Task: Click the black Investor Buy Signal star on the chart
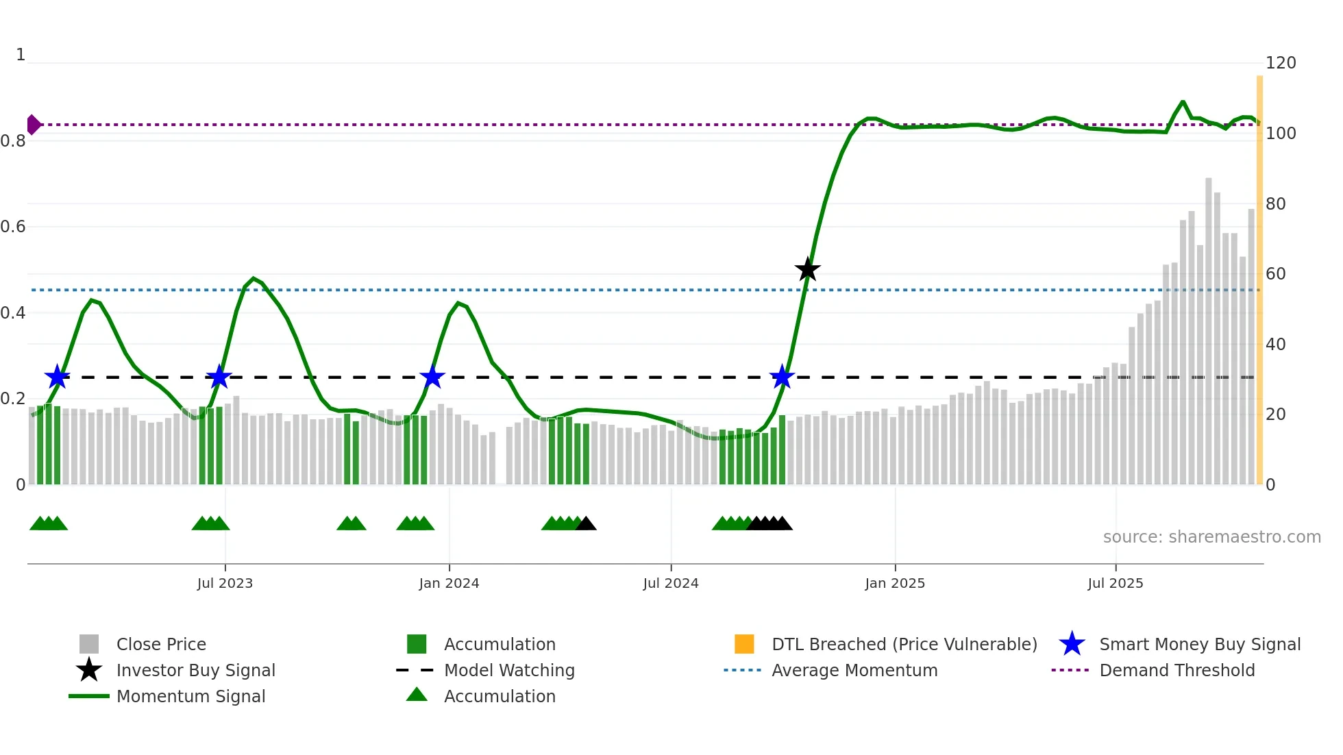807,269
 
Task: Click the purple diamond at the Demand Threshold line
33,125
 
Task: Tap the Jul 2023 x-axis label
225,583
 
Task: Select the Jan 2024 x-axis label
449,583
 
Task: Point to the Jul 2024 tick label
671,583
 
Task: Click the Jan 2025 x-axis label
895,583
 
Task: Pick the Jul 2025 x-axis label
1116,583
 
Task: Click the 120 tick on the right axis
1281,63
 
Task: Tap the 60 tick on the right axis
1276,274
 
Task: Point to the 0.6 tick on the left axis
13,227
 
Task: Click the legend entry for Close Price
161,644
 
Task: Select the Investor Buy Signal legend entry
195,670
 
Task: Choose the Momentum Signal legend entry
190,696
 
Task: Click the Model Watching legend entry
509,670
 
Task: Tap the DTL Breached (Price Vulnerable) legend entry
904,644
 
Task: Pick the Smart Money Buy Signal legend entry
1200,644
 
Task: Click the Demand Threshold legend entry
1176,670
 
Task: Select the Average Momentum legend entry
854,670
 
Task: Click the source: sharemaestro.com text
1211,537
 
